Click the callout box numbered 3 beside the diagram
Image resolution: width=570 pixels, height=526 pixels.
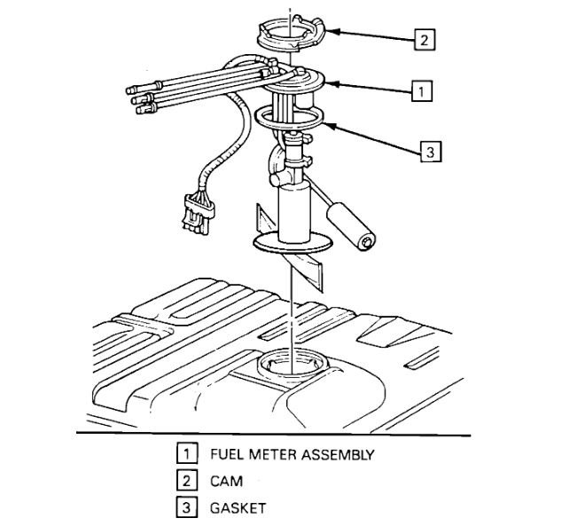(x=429, y=152)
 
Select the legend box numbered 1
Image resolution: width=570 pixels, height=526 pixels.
(x=185, y=455)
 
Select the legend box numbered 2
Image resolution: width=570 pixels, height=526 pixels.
(x=185, y=482)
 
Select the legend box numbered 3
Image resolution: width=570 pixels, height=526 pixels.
(x=185, y=508)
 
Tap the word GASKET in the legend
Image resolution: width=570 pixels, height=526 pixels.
(x=238, y=508)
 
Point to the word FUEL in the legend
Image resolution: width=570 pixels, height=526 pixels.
(x=227, y=455)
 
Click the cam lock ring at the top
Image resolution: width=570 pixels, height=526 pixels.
(x=292, y=34)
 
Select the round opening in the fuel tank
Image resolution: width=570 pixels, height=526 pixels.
(x=288, y=364)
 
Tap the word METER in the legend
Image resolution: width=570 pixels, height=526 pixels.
(x=271, y=455)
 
